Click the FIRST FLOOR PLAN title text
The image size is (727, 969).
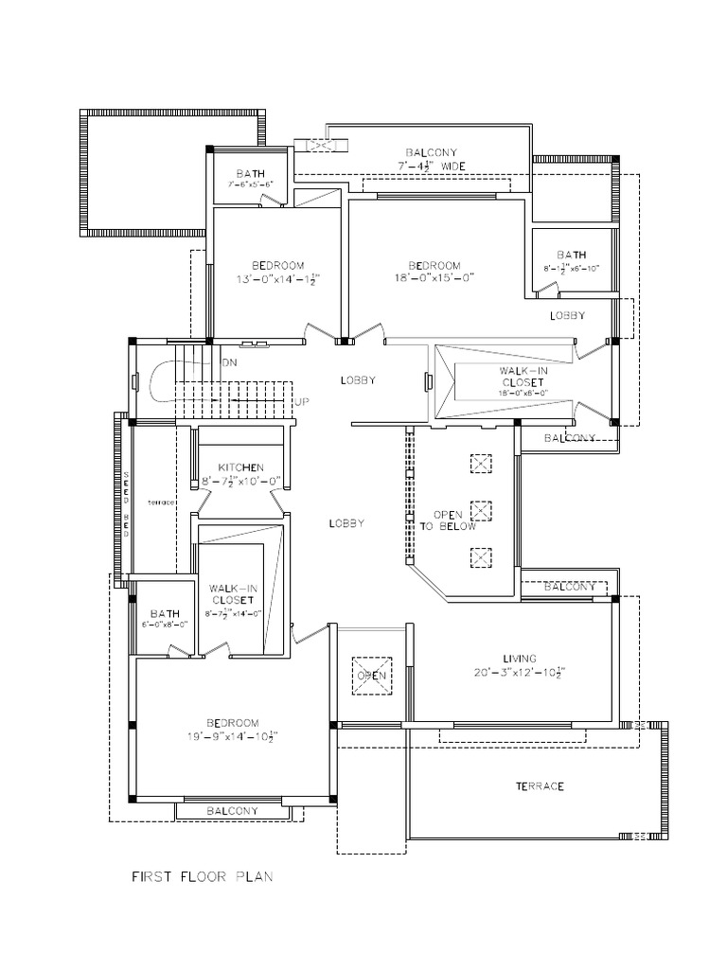click(202, 877)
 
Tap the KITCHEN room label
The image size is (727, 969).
click(241, 467)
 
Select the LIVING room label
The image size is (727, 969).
click(520, 658)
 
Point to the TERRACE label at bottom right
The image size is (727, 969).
click(540, 786)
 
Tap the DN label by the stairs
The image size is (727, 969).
click(229, 362)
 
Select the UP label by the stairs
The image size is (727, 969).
click(303, 402)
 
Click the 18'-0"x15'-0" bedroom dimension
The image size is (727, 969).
click(434, 278)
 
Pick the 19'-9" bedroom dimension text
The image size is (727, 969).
click(232, 735)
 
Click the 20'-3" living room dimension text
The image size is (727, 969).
click(520, 672)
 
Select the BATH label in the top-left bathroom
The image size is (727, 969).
click(250, 174)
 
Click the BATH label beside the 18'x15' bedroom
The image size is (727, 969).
click(571, 255)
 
